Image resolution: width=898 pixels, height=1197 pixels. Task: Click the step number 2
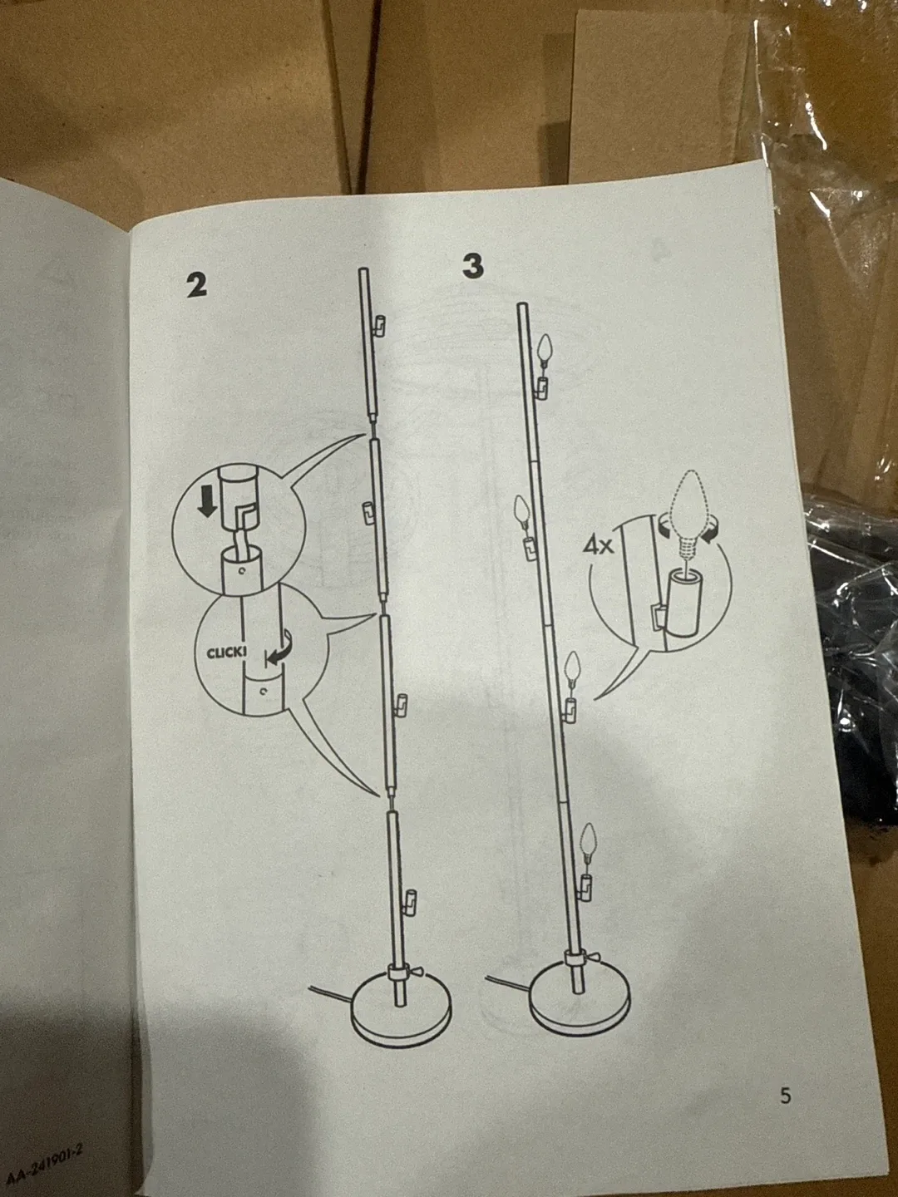(196, 285)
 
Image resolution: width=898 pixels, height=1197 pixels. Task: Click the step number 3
(472, 266)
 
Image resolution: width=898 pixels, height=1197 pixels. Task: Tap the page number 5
(785, 1096)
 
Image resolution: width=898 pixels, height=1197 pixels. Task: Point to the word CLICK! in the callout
(226, 653)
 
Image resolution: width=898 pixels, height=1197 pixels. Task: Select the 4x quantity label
(598, 546)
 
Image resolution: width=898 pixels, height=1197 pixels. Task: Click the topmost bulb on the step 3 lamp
(545, 349)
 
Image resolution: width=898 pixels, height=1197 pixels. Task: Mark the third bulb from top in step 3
(571, 670)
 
